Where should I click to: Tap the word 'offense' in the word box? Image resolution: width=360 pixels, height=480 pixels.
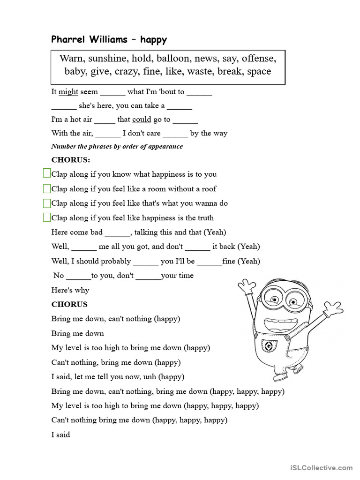259,59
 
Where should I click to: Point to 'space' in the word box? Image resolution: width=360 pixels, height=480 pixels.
259,71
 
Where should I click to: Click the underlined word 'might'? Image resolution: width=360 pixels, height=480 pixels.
68,92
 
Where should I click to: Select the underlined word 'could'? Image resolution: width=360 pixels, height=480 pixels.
142,120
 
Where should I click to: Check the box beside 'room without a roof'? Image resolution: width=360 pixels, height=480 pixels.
47,189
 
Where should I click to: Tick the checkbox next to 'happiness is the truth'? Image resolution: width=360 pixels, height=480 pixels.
47,217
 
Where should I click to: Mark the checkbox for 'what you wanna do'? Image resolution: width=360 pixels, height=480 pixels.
47,203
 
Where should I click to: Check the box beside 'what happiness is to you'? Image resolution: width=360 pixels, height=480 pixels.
47,174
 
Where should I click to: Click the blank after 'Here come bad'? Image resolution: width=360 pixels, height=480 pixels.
117,233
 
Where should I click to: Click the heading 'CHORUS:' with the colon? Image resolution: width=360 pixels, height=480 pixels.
70,160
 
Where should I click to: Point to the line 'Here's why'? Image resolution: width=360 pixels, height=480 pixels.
70,290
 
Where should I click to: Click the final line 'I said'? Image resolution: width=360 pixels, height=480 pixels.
60,435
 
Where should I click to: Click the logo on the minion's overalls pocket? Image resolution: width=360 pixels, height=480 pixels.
269,346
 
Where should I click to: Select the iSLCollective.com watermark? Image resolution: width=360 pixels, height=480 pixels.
321,467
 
